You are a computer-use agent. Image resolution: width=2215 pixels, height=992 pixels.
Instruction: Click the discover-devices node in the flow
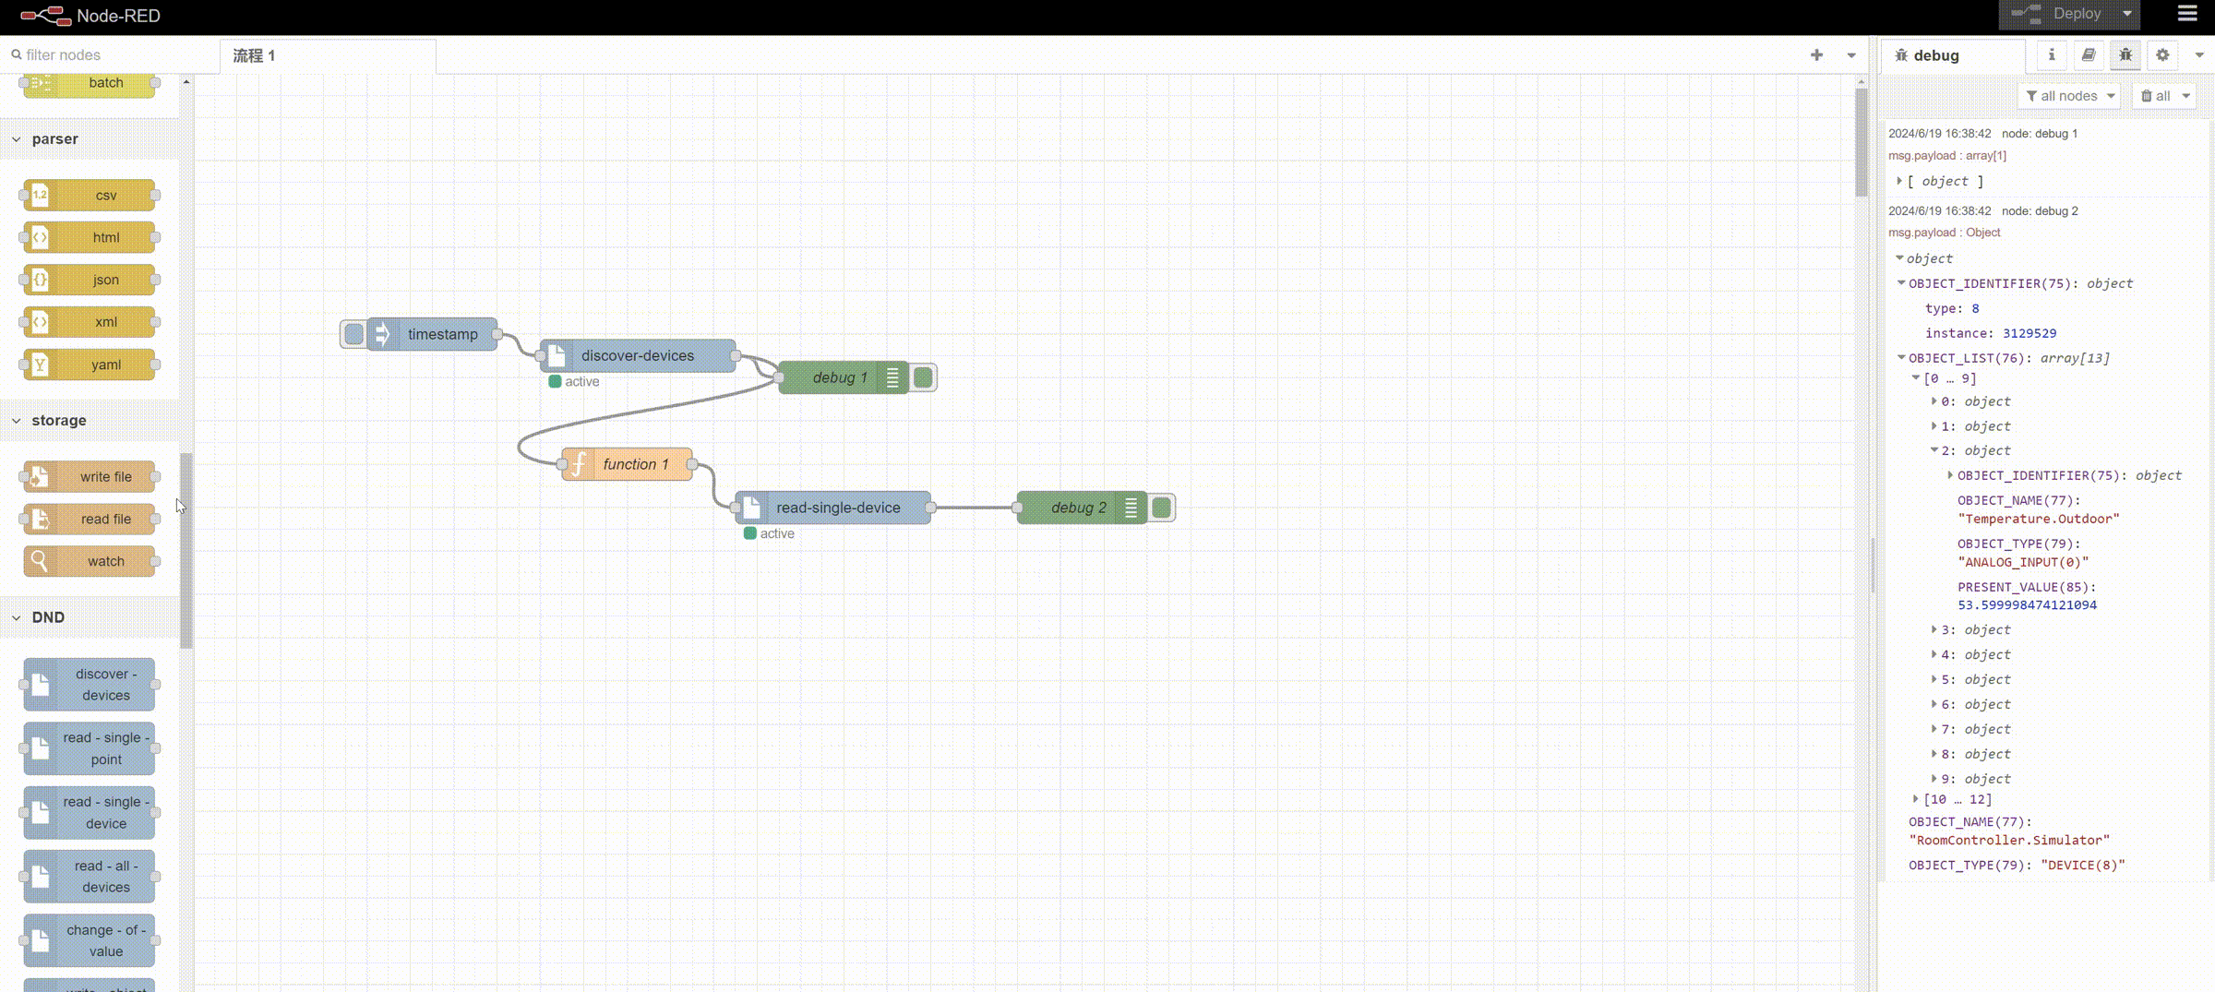[x=637, y=355]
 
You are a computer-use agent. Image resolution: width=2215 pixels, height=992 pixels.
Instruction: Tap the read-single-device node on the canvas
[x=837, y=508]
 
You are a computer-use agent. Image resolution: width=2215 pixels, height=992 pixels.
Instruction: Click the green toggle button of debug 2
[x=1161, y=508]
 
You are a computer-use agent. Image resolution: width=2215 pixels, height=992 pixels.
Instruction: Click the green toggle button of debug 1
[x=923, y=377]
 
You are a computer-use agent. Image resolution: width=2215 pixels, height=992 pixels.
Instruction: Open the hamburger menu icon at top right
[x=2187, y=14]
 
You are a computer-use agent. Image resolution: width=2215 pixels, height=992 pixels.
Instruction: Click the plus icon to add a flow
[x=1816, y=55]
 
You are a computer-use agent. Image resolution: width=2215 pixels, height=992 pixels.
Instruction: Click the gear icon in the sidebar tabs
[x=2162, y=55]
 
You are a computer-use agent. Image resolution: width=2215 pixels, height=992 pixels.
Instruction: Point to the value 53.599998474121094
[x=2027, y=605]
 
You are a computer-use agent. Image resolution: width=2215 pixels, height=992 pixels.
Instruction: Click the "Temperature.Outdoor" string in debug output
[x=2038, y=519]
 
